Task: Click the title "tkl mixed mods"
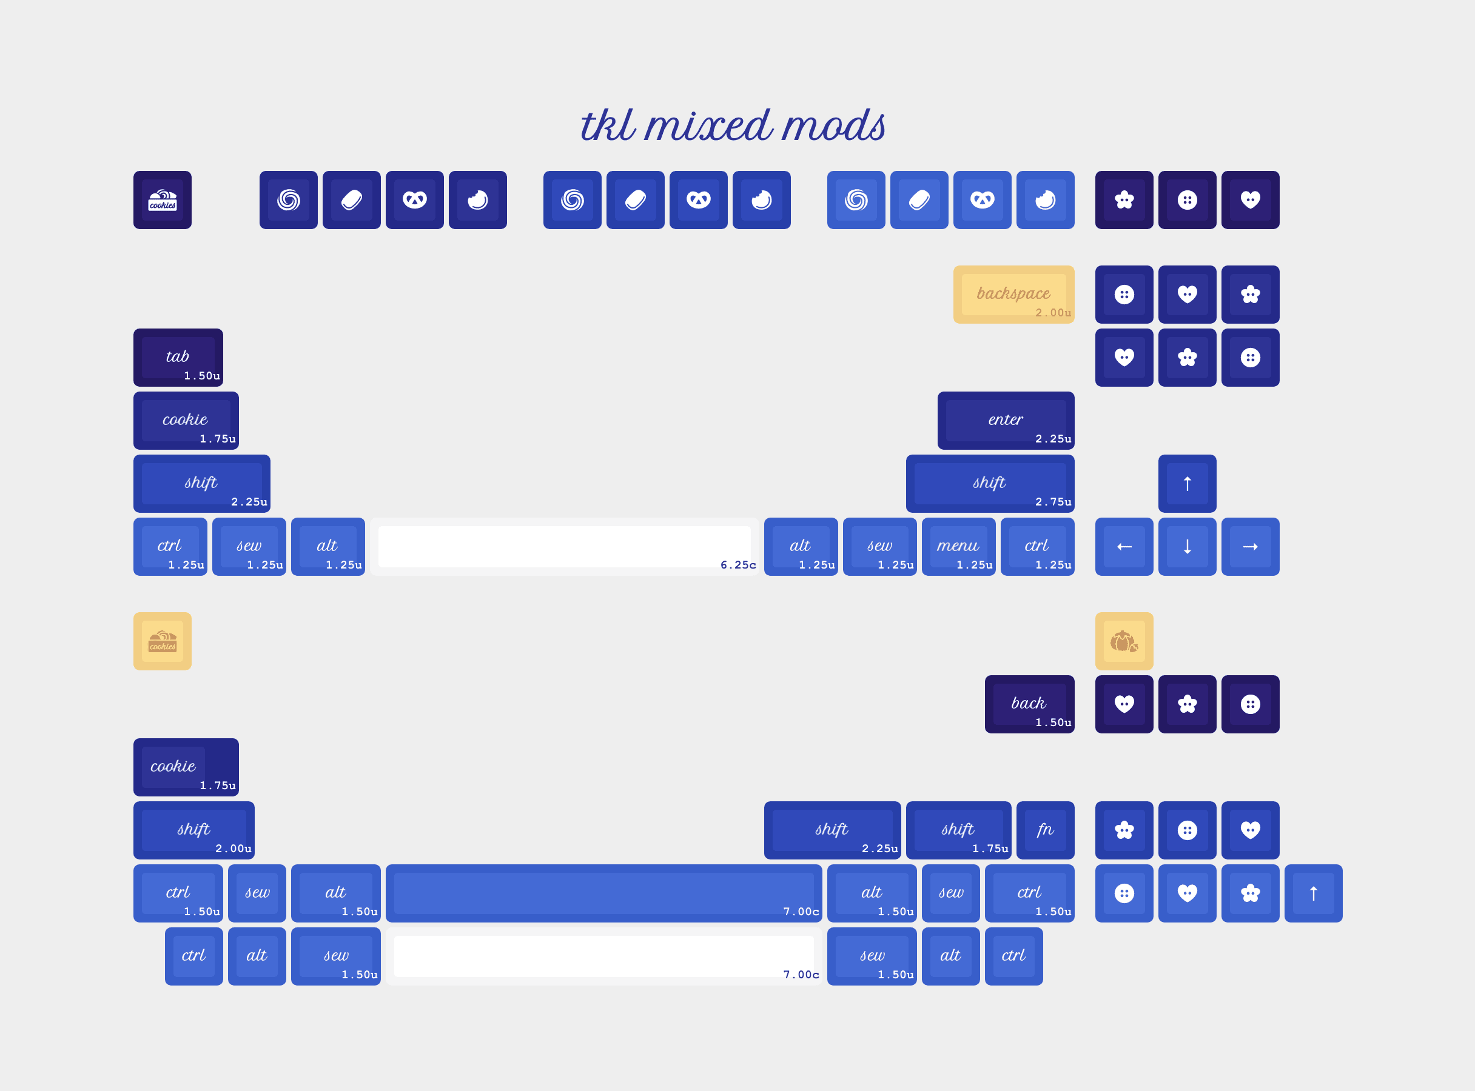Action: pyautogui.click(x=732, y=125)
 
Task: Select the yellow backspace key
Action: pyautogui.click(x=1013, y=295)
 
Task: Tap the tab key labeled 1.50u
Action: pyautogui.click(x=178, y=357)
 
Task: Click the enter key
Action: pyautogui.click(x=1005, y=421)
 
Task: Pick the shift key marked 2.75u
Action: pyautogui.click(x=989, y=484)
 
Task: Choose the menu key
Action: pyautogui.click(x=958, y=547)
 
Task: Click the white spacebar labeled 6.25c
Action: pyautogui.click(x=563, y=547)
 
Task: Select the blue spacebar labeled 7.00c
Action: pyautogui.click(x=603, y=893)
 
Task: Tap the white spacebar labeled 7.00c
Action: pyautogui.click(x=603, y=956)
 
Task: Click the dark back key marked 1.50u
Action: pyautogui.click(x=1029, y=704)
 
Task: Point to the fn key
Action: pyautogui.click(x=1045, y=830)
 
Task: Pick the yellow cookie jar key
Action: pyautogui.click(x=163, y=641)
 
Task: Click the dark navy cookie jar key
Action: pyautogui.click(x=163, y=200)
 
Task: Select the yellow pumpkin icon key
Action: pyautogui.click(x=1123, y=641)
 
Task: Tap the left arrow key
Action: pyautogui.click(x=1123, y=547)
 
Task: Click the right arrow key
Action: pyautogui.click(x=1249, y=547)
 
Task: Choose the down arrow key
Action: pyautogui.click(x=1187, y=547)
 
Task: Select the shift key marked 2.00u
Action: pyautogui.click(x=193, y=830)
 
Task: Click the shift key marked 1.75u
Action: pyautogui.click(x=958, y=830)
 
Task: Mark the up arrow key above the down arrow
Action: pyautogui.click(x=1187, y=484)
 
